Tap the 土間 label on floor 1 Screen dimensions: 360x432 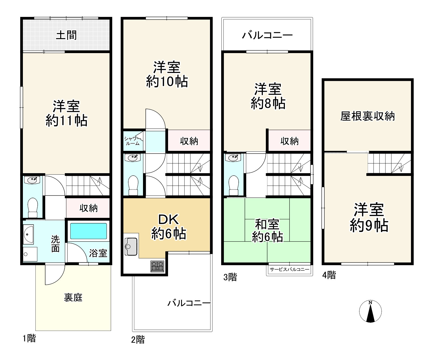pos(66,35)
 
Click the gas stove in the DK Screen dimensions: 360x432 pos(157,266)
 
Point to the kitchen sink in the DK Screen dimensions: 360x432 pos(131,246)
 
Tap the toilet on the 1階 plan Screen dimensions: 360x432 pos(33,207)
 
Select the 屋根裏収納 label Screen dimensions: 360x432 pos(367,116)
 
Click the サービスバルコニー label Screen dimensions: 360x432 pos(289,270)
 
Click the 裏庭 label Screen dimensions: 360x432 pos(73,297)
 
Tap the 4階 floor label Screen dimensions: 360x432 pos(329,275)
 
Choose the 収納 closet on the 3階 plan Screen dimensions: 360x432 pos(290,141)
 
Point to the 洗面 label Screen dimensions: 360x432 pos(56,244)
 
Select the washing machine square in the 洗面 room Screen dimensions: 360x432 pos(30,254)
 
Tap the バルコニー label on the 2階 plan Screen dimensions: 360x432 pos(189,303)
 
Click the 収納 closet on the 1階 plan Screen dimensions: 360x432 pos(88,208)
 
